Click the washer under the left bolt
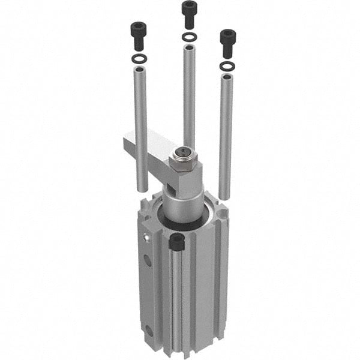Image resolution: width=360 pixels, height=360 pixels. pos(139,58)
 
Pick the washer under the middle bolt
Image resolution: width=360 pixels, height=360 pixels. pos(189,37)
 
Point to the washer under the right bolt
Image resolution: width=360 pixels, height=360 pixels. pos(227,65)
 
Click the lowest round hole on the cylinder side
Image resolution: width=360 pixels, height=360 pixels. pos(148,329)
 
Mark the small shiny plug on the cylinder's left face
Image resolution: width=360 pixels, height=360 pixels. pos(146,239)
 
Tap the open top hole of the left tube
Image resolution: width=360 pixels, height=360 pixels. pos(139,70)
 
